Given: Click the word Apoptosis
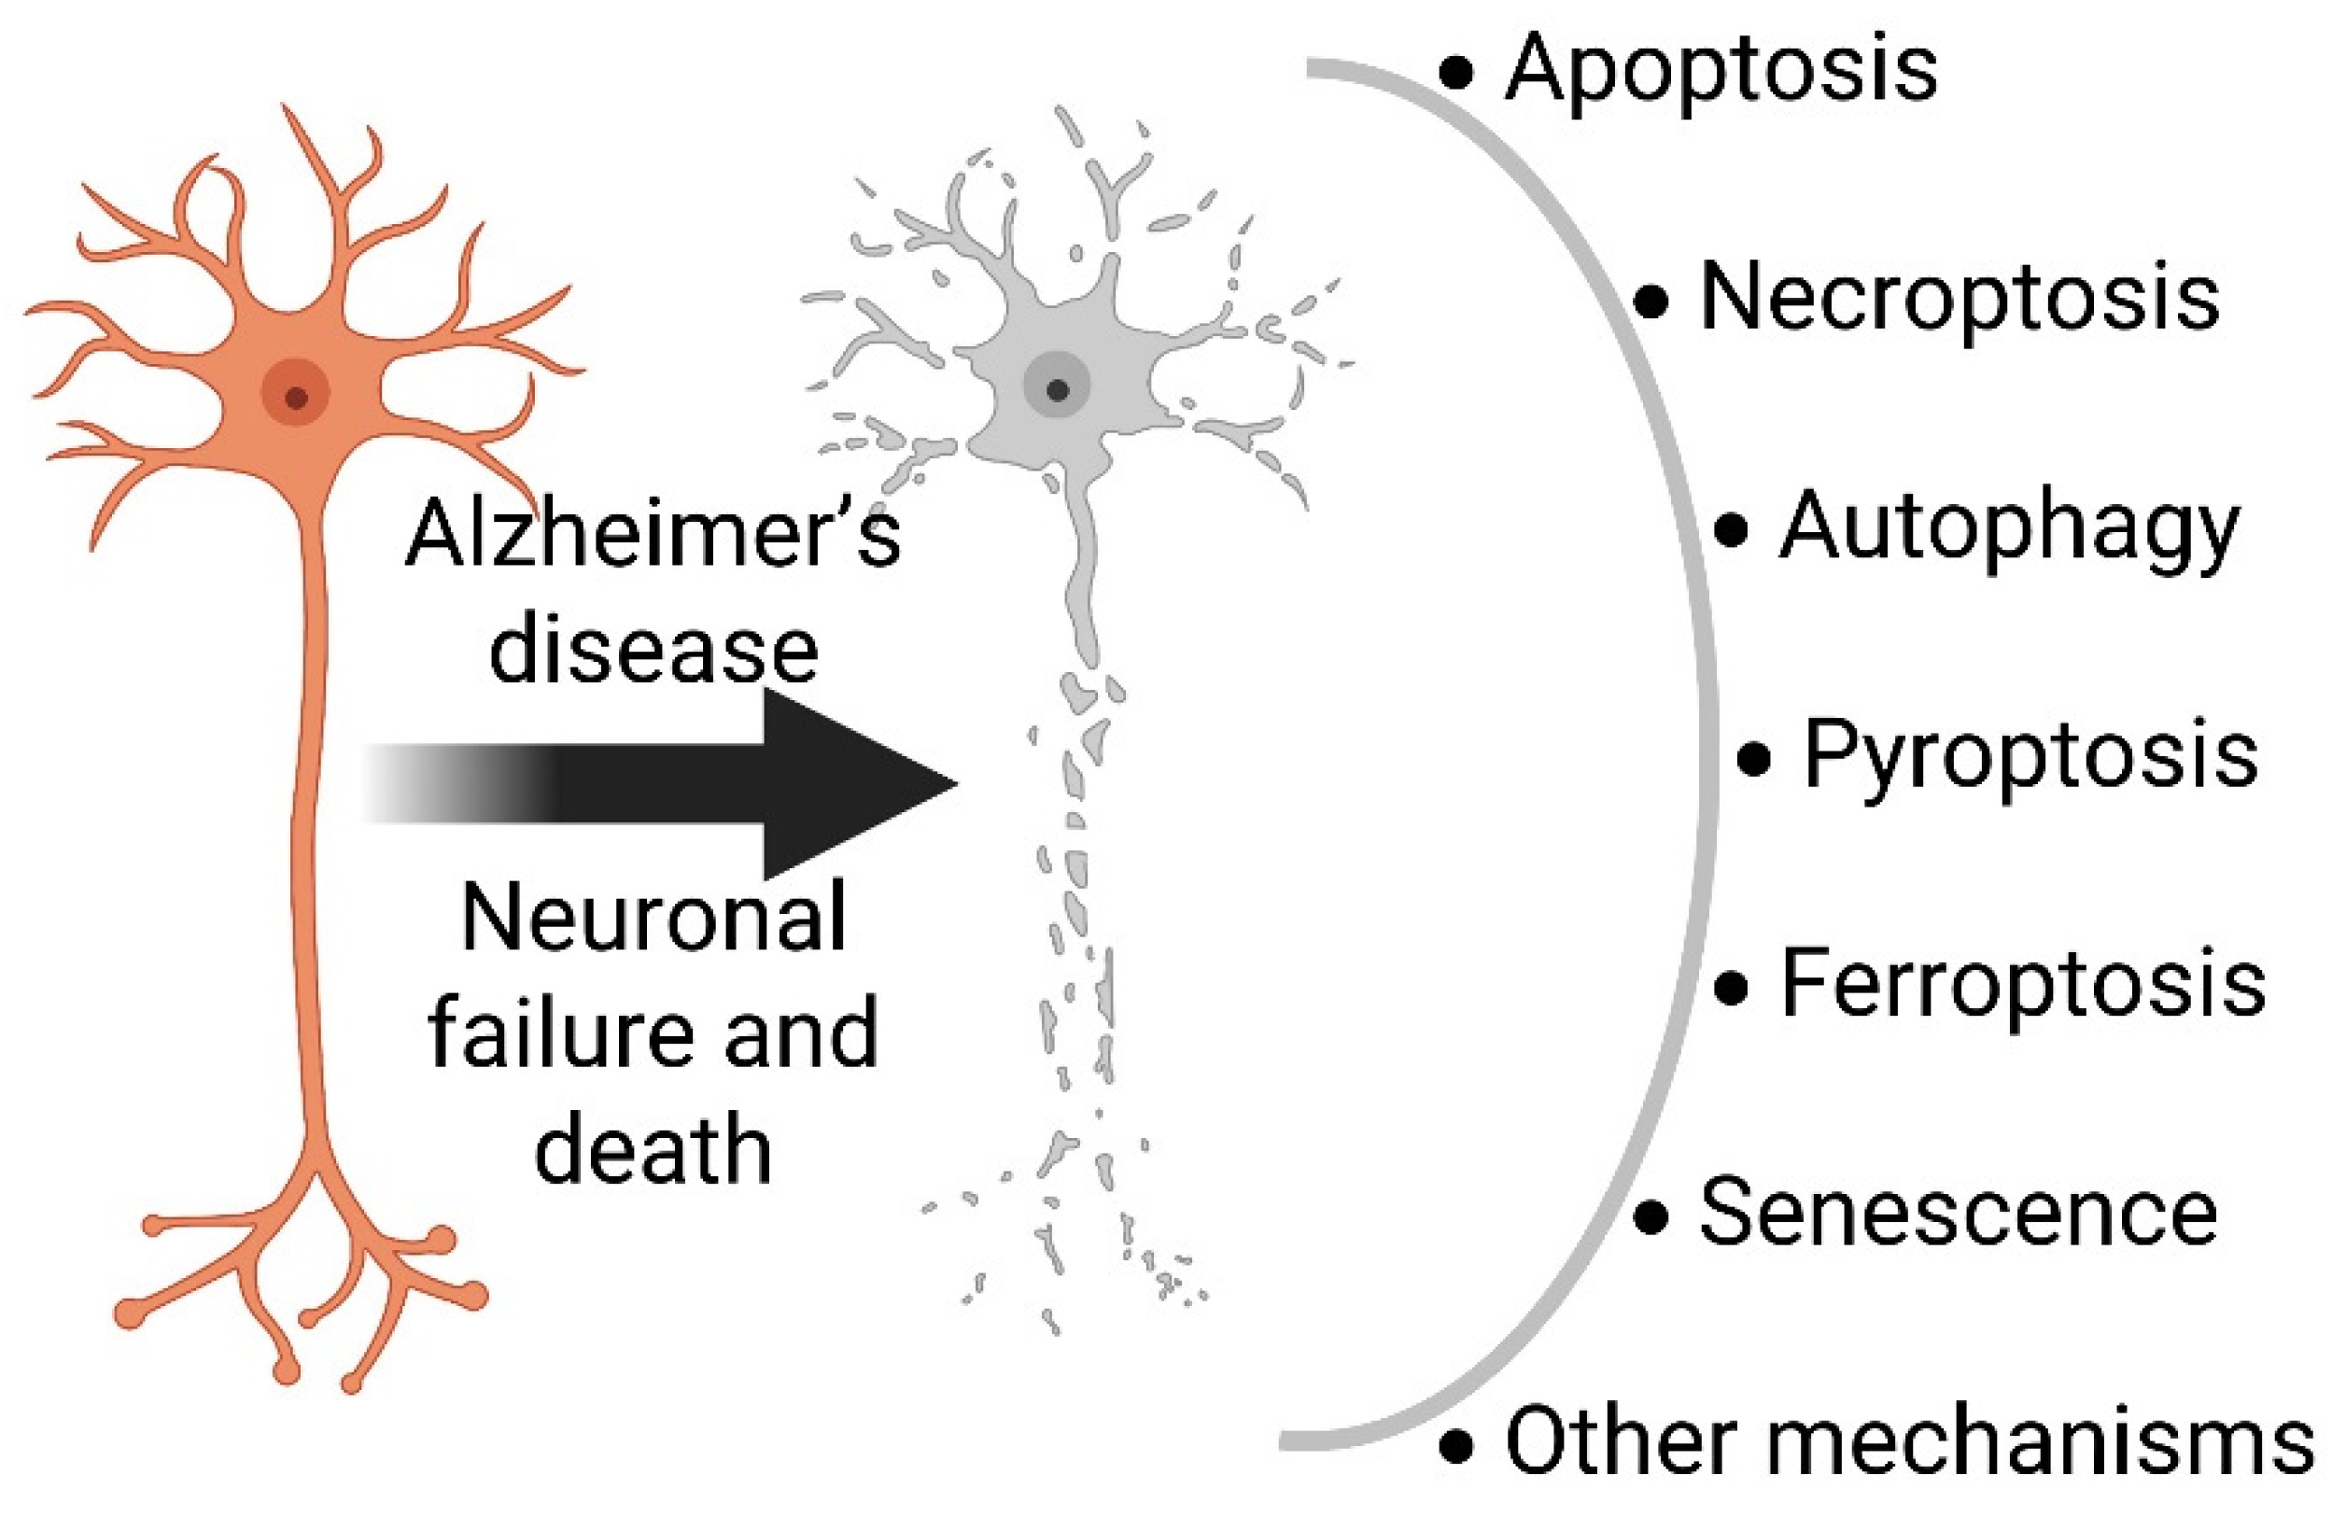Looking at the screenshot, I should click(1721, 71).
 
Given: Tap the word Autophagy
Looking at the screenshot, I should click(2010, 529).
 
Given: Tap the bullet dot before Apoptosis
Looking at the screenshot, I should click(1456, 73).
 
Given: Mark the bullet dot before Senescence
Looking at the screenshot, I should click(1651, 1217).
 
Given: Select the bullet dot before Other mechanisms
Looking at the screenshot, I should click(1456, 1445).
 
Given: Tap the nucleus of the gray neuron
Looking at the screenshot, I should click(1056, 390).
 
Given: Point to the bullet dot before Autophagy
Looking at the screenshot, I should click(1733, 530).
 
